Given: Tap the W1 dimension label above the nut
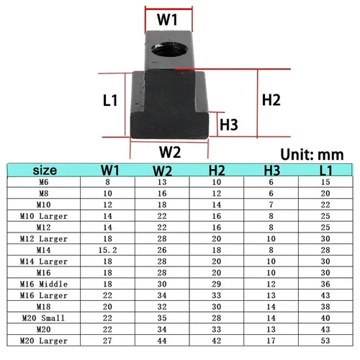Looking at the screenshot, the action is pyautogui.click(x=167, y=19).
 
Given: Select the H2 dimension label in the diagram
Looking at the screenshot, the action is pyautogui.click(x=271, y=100).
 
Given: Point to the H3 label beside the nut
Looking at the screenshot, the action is pyautogui.click(x=229, y=125).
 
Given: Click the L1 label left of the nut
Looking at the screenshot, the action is pyautogui.click(x=110, y=100).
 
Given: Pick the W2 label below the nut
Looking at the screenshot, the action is pyautogui.click(x=170, y=152).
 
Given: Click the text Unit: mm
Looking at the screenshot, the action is pyautogui.click(x=312, y=154).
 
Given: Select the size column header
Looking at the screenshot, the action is pyautogui.click(x=45, y=170).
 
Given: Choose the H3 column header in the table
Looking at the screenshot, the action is pyautogui.click(x=272, y=171).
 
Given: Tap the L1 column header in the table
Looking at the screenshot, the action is pyautogui.click(x=326, y=171).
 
